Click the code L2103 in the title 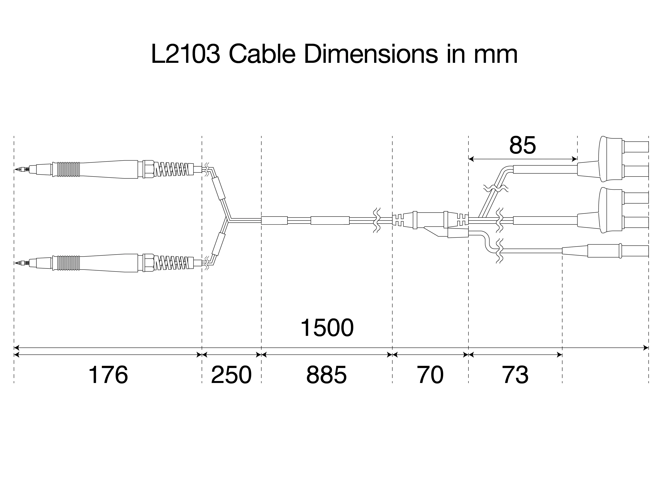coord(185,54)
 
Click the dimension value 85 coord(523,146)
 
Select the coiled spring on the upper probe coord(174,170)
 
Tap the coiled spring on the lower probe coord(174,263)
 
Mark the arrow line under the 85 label coord(523,158)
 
